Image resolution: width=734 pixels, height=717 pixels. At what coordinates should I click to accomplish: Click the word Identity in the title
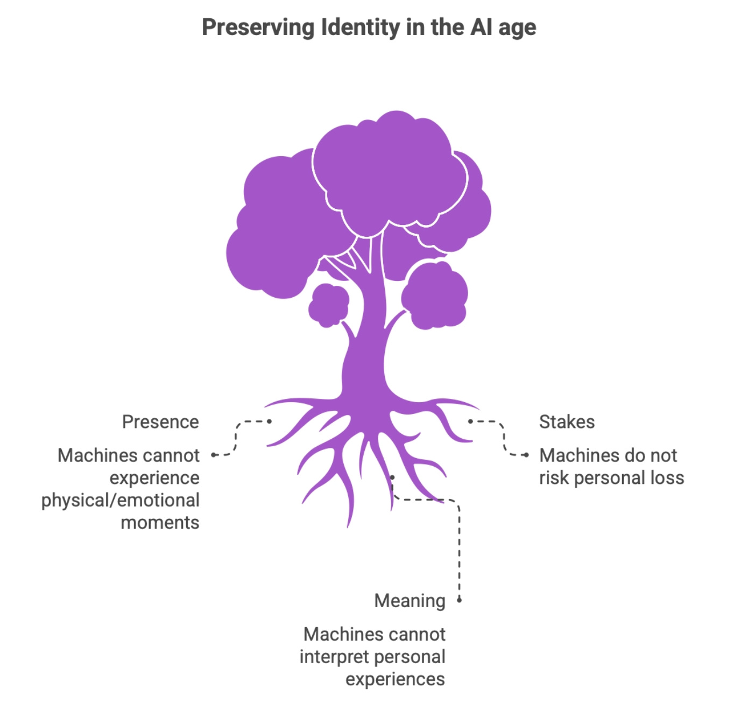point(360,27)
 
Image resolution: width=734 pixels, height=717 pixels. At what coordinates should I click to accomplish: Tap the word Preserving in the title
point(257,27)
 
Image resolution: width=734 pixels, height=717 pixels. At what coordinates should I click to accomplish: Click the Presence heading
point(160,422)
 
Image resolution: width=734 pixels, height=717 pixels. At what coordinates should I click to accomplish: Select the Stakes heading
point(567,422)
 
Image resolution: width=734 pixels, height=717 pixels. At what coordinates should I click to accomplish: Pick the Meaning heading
point(410,601)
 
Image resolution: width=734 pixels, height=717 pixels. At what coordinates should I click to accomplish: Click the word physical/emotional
point(121,500)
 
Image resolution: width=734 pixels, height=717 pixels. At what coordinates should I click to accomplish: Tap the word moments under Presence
point(160,523)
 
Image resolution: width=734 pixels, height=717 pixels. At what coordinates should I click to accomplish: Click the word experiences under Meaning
point(395,679)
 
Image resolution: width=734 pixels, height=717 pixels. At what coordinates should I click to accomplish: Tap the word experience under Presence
point(154,478)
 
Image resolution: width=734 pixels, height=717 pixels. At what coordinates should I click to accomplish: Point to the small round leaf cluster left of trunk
point(328,305)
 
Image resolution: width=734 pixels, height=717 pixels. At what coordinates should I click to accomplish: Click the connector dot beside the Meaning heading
point(459,600)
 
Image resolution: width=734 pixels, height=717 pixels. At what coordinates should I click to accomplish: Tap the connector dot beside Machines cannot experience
point(214,455)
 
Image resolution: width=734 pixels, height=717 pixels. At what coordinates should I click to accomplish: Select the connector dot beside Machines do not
point(526,455)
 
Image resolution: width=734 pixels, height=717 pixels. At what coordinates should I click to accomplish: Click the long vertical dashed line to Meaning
point(459,549)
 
